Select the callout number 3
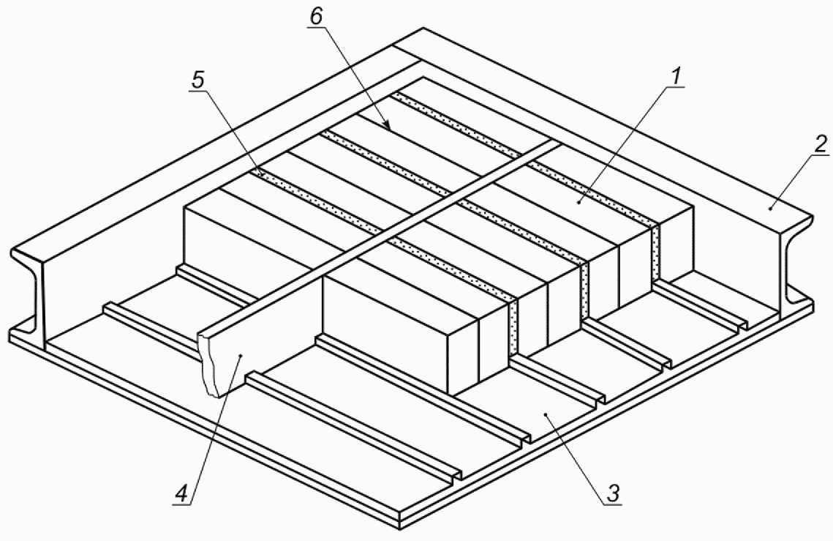613,493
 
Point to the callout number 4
181,494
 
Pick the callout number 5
197,80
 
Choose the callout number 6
315,17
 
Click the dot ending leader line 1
579,202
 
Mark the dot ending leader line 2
769,209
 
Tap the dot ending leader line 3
546,413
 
